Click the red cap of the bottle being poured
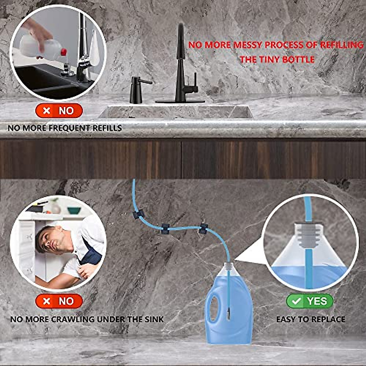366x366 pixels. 63,52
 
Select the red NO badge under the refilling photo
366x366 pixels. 59,111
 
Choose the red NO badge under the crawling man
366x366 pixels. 59,301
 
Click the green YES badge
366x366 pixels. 310,301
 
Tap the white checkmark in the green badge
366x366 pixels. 296,301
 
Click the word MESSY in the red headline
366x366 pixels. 247,45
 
